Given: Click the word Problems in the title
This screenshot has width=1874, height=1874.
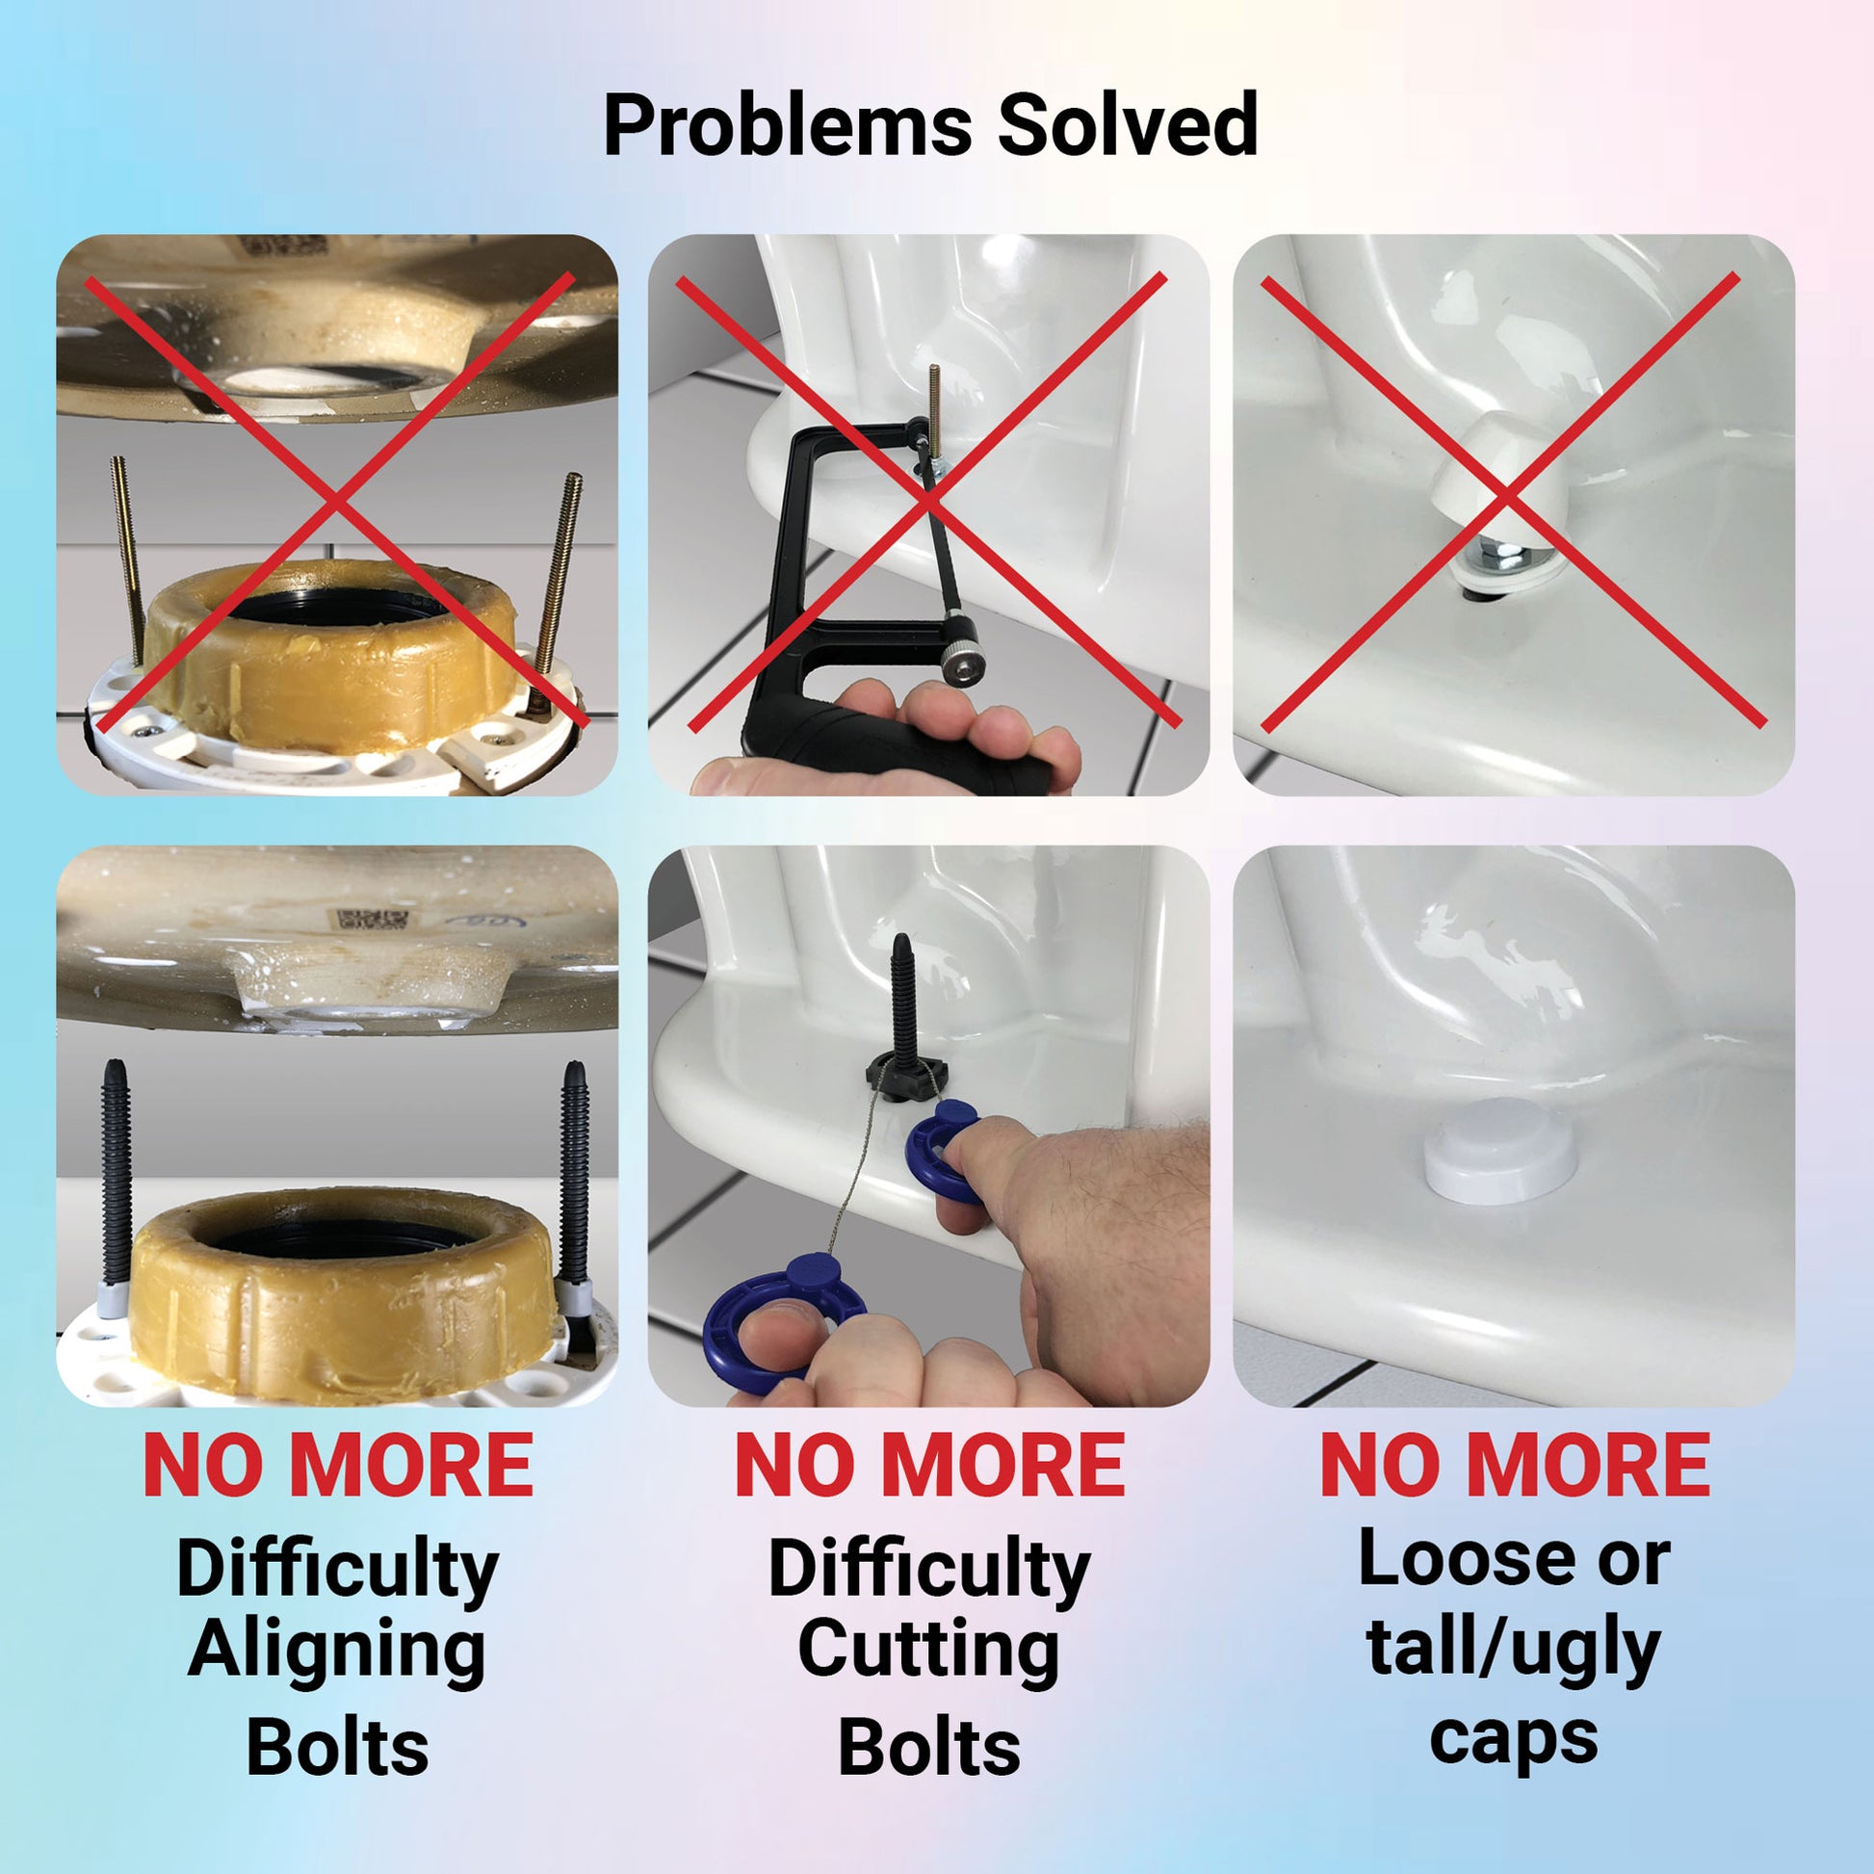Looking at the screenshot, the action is pyautogui.click(x=787, y=126).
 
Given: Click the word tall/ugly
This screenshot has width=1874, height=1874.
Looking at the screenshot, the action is pyautogui.click(x=1514, y=1653).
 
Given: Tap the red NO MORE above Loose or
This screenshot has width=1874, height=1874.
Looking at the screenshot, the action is pyautogui.click(x=1514, y=1466).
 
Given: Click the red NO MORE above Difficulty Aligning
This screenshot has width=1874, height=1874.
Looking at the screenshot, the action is pyautogui.click(x=338, y=1466).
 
